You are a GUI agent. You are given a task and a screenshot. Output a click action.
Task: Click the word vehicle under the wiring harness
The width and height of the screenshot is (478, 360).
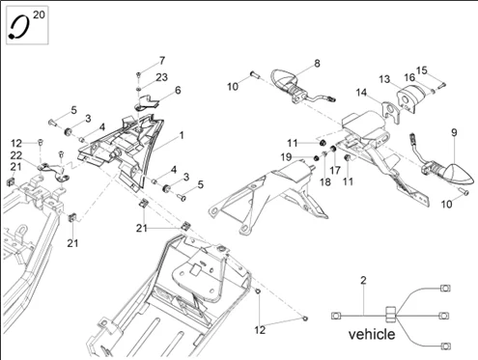coord(372,334)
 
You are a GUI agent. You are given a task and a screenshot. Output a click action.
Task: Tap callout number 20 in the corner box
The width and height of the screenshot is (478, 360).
coord(39,14)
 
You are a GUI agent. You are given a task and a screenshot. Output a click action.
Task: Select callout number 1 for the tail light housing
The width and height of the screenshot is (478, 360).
coord(182,135)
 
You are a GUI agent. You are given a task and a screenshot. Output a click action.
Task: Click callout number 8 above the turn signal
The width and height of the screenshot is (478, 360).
coord(317,64)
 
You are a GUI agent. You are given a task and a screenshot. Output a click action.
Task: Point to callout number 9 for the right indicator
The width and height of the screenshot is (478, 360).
coord(454,132)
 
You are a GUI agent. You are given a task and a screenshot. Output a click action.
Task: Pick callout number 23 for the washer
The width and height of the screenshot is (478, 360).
coord(162,77)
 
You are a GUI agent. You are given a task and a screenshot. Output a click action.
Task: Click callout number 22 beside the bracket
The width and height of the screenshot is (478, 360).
coord(16,155)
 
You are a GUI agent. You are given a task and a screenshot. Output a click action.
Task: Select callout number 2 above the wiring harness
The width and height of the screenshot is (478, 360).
coord(363,280)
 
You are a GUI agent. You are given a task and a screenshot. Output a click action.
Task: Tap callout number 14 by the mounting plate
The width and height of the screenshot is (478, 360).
coord(361,93)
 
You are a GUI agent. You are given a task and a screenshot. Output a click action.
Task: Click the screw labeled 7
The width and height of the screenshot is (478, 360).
coord(138,74)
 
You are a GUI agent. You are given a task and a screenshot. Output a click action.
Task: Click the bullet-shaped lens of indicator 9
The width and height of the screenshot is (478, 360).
coord(460,175)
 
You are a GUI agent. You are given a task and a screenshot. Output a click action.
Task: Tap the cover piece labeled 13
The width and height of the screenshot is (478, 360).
coord(409,96)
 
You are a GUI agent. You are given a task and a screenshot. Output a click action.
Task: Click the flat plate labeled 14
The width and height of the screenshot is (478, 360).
coord(391,113)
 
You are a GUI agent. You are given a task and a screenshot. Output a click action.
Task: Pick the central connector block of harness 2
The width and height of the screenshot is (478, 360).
coord(390,314)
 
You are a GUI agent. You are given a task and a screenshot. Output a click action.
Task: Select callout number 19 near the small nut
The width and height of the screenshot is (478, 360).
coord(286,157)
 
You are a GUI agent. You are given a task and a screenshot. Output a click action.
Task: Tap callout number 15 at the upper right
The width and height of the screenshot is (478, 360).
coord(422,70)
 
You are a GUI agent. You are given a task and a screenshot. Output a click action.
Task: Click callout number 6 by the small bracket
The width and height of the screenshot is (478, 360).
coord(178,91)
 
